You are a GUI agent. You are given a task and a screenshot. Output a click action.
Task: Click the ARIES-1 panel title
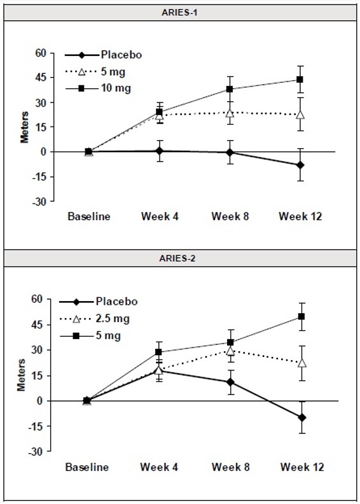coord(180,12)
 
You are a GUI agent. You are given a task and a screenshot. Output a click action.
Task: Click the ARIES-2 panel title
coord(180,259)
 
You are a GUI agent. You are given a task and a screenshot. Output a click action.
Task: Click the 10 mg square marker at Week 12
coord(300,80)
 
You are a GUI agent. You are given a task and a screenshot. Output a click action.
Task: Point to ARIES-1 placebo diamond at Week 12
coord(300,165)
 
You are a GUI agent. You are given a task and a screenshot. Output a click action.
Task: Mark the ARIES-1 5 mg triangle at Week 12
coord(300,115)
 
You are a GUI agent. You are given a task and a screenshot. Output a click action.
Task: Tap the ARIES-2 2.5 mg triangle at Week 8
coord(230,351)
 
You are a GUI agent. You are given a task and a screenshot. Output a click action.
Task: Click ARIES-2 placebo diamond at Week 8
coord(230,382)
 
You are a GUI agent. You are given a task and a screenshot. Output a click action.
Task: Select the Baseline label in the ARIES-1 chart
coord(89,216)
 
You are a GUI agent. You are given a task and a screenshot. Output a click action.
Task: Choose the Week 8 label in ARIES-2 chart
coord(230,467)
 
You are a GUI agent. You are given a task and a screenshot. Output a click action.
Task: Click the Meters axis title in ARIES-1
coord(25,127)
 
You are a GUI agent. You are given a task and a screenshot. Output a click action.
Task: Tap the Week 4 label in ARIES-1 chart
coord(160,216)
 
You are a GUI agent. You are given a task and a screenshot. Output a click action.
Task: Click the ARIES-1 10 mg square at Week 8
coord(230,89)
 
